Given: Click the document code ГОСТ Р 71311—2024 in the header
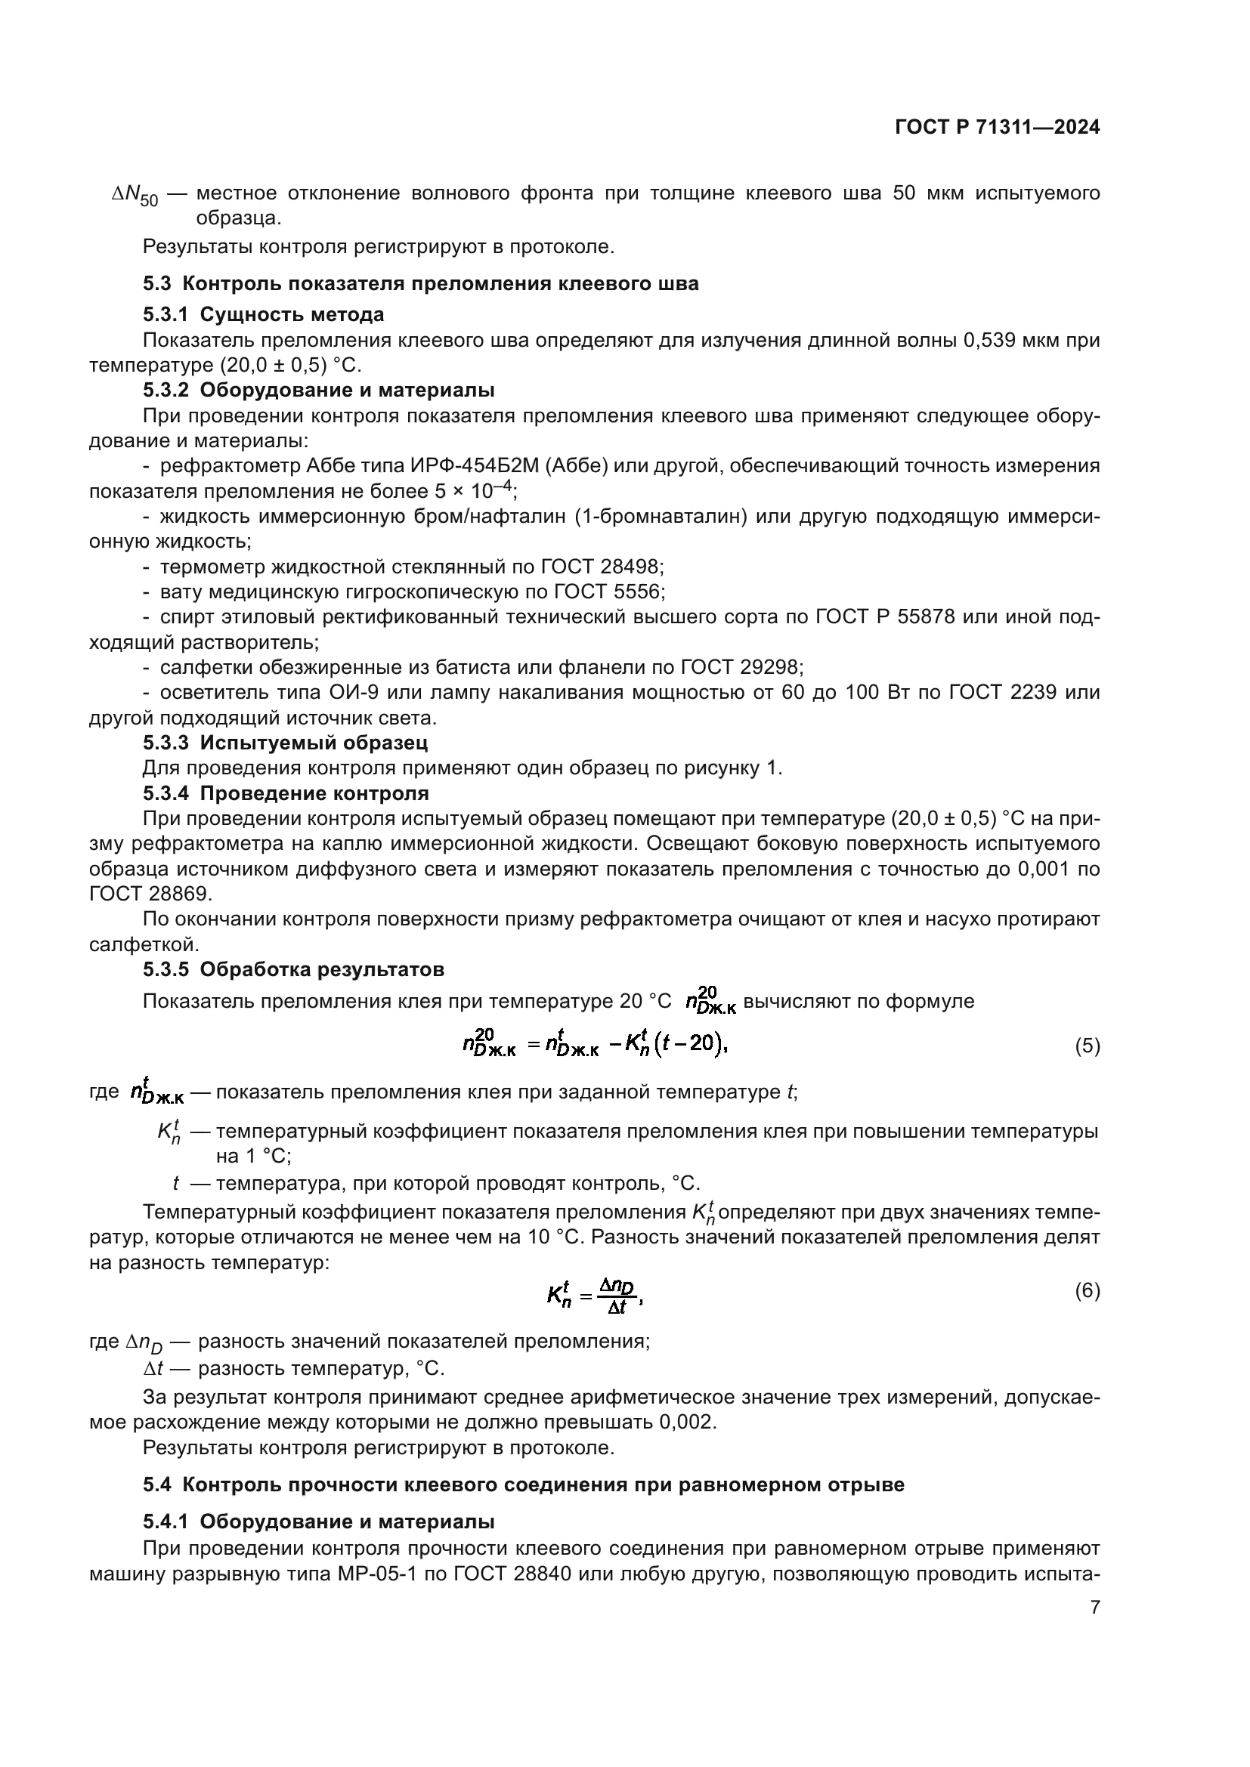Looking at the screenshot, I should click(x=997, y=128).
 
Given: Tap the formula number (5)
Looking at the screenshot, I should click(x=1087, y=1046).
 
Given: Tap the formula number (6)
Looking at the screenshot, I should click(x=1087, y=1290).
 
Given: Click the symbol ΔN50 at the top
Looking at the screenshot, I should click(x=135, y=196).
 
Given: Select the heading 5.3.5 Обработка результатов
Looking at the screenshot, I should click(x=293, y=970).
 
